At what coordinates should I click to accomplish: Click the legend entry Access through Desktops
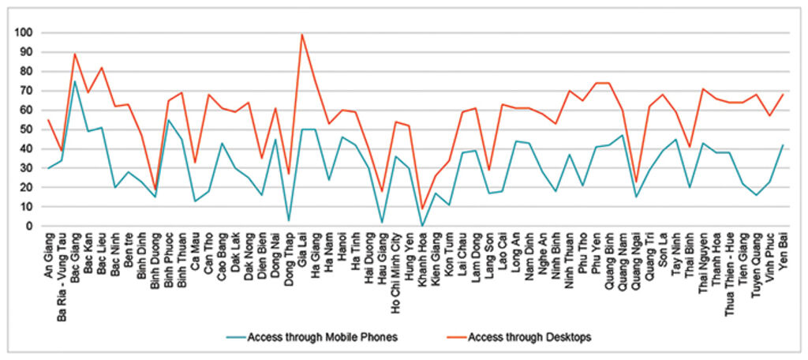tap(529, 337)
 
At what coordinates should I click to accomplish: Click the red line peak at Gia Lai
tap(302, 35)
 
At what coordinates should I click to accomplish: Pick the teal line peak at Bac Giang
tap(75, 81)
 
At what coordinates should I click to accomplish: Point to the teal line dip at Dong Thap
tap(289, 220)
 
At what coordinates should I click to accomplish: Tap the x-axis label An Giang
tap(49, 253)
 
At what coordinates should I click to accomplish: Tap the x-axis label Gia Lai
tap(302, 249)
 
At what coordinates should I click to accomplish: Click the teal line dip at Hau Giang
tap(383, 223)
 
